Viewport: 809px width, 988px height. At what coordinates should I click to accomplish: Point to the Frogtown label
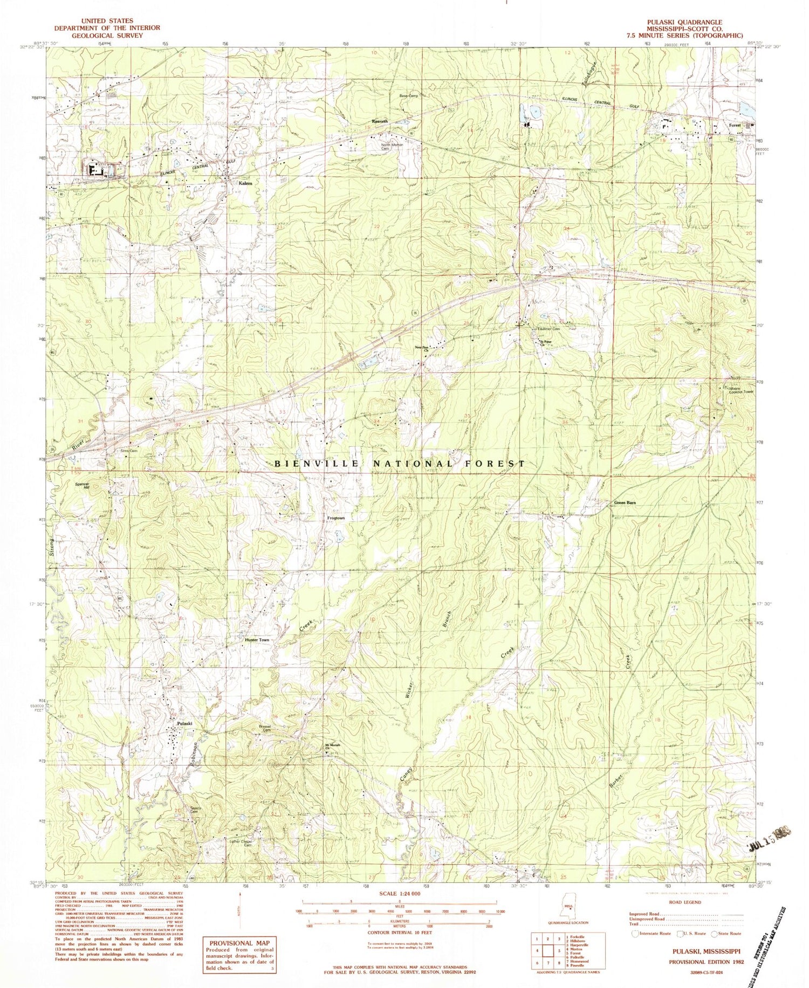click(x=335, y=518)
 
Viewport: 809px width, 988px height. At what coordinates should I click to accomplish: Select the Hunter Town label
click(x=257, y=640)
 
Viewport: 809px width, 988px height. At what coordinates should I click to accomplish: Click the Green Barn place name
click(x=625, y=503)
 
